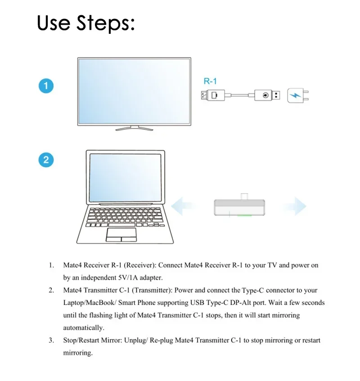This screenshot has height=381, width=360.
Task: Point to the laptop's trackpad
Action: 121,234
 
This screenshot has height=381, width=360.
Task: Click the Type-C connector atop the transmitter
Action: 244,197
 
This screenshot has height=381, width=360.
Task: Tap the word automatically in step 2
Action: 83,328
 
